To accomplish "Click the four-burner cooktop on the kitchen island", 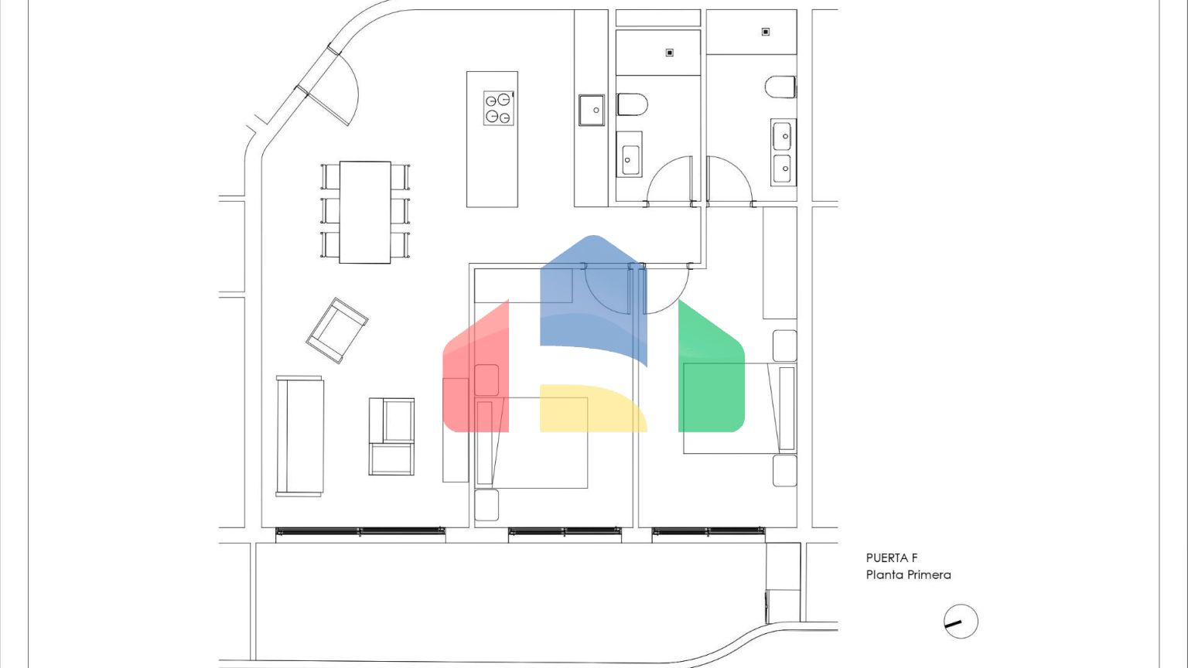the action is click(x=499, y=108).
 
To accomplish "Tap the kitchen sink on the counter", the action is click(x=592, y=111).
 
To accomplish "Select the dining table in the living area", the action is click(x=365, y=212).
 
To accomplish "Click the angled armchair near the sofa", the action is click(x=337, y=330).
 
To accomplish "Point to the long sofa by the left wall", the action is click(x=299, y=436).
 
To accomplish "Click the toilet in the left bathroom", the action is click(x=632, y=104).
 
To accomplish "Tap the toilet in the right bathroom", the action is click(x=780, y=87).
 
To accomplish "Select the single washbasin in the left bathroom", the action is click(x=630, y=155).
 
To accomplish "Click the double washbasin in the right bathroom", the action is click(x=783, y=152).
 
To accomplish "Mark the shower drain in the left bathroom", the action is click(x=670, y=53).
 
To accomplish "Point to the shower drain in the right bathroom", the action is click(x=766, y=32).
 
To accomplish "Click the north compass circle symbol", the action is click(x=961, y=622).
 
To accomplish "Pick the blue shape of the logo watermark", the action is click(x=593, y=297).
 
